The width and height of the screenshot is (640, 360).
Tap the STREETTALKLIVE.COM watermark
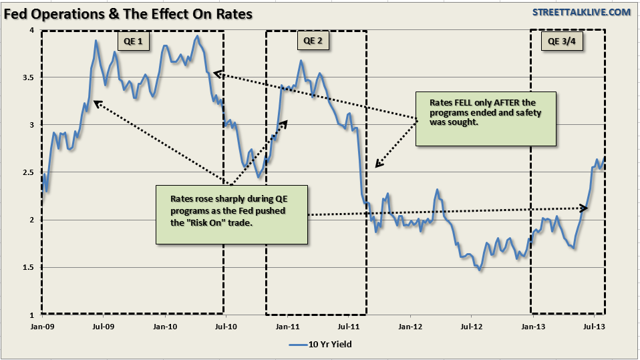(572, 12)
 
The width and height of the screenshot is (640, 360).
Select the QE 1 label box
(134, 41)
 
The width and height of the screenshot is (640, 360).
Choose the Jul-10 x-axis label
(226, 327)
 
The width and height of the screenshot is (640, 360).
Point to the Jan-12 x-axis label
(410, 327)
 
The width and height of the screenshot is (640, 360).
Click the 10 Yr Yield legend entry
(320, 345)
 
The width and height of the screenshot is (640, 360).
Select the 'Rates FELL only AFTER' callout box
(486, 118)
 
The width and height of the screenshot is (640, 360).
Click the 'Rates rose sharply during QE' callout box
(232, 214)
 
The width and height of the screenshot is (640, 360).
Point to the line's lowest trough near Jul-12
(479, 269)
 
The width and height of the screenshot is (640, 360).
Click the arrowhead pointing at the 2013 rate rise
(585, 209)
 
